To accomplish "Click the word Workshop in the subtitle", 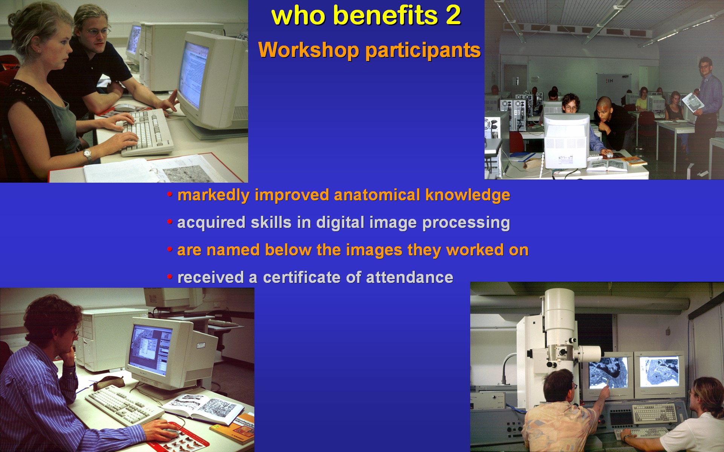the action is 308,50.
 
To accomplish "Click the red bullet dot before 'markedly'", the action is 170,195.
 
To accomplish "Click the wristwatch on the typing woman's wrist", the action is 87,154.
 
